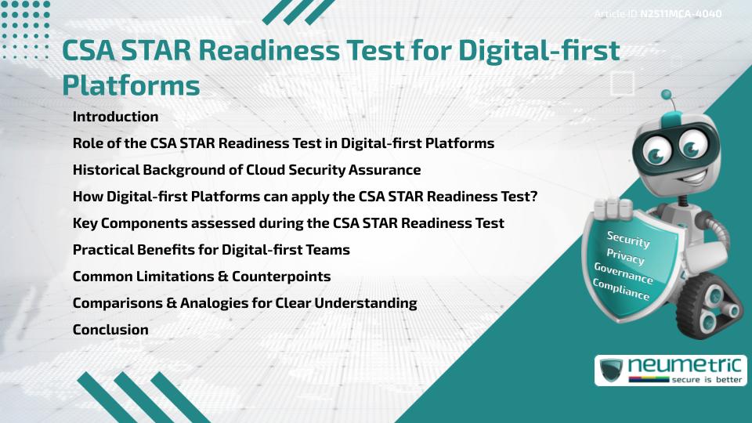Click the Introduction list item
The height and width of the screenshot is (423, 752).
115,117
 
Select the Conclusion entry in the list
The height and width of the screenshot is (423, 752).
110,330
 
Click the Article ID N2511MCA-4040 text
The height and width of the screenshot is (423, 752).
658,14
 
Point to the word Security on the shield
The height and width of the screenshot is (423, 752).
627,240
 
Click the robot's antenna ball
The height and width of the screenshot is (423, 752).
667,95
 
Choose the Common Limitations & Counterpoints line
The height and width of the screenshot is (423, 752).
201,277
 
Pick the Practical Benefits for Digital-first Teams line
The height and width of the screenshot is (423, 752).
211,250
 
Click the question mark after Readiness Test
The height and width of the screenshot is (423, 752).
533,197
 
